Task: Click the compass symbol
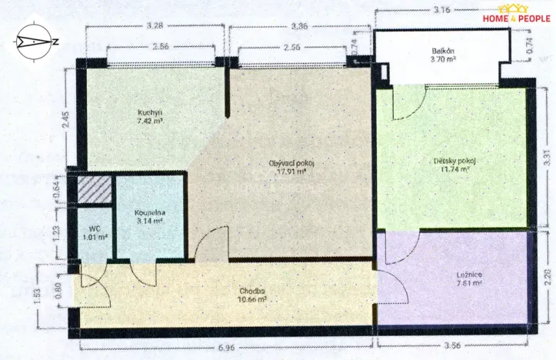pos(32,42)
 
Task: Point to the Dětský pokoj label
pos(455,161)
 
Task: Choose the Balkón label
pos(444,52)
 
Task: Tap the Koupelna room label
pos(149,212)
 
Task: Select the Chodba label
pos(251,291)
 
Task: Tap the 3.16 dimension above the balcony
pos(441,10)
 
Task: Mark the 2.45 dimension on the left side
pos(68,120)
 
